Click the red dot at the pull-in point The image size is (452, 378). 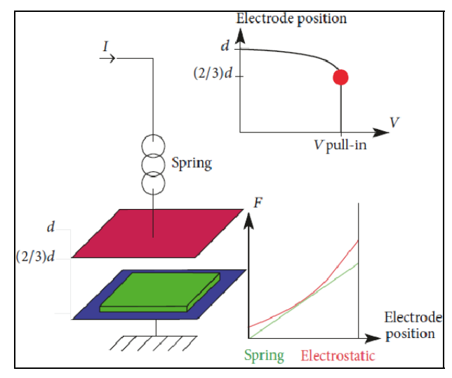[340, 77]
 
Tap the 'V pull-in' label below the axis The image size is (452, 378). [340, 144]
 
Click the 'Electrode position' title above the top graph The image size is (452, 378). [291, 19]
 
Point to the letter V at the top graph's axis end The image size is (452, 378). [394, 122]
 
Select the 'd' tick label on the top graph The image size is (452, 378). [225, 46]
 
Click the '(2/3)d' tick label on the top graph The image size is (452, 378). [213, 73]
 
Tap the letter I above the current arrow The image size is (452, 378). [105, 46]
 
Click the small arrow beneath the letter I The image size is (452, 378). [107, 58]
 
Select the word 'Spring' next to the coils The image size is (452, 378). [192, 163]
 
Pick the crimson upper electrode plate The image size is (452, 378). [158, 234]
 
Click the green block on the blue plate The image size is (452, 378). [160, 292]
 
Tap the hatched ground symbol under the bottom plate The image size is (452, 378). [153, 343]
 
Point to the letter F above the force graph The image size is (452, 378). [258, 203]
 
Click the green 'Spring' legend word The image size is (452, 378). [264, 356]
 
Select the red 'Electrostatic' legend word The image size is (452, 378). [338, 356]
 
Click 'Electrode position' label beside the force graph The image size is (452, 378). [413, 326]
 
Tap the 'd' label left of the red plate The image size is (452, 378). [51, 227]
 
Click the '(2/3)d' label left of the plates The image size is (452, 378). [35, 256]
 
